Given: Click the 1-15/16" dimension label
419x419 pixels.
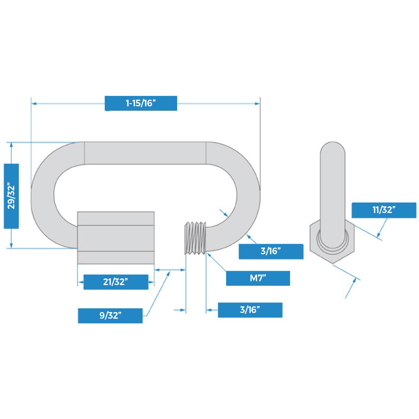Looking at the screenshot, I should point(141,103).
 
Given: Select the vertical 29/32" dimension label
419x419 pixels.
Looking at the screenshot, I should point(11,196).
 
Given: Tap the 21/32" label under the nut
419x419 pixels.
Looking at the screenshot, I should point(116,282).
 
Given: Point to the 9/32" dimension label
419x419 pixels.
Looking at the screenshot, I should point(110,316).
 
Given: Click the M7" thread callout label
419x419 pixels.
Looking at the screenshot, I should point(258,278).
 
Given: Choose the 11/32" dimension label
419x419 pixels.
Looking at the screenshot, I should point(383,210).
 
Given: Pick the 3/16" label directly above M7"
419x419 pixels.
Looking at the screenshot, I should point(271,251).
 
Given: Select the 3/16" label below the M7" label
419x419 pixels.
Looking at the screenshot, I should point(250,310).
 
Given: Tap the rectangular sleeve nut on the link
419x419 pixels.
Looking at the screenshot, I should point(116,238).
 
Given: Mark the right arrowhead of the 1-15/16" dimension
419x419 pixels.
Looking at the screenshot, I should point(257,103).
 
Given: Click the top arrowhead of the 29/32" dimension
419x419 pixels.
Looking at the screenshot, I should point(11,145).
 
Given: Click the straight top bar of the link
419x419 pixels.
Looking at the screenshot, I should point(145,153).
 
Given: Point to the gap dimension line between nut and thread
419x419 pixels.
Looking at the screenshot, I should point(170,270).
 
